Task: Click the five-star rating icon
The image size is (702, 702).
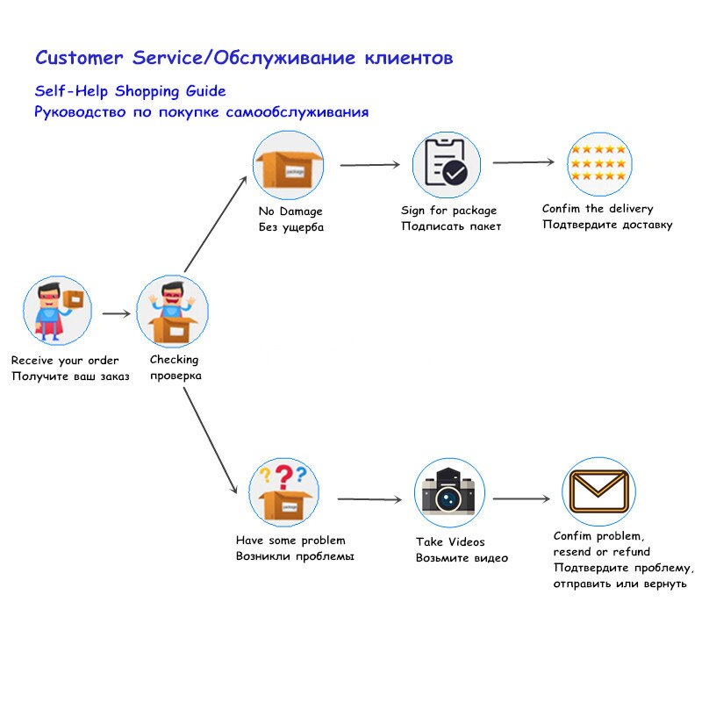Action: pos(599,163)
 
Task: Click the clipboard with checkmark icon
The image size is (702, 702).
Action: pos(448,165)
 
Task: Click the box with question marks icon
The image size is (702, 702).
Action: pos(283,492)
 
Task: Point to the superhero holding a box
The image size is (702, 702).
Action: pos(58,312)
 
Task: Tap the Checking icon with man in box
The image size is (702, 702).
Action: pos(172,312)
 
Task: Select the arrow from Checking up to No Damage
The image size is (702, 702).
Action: pos(216,223)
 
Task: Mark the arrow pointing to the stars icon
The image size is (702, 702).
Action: pos(524,162)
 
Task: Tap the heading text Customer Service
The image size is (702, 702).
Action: pos(121,59)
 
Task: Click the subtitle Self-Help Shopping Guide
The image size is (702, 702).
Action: pos(130,91)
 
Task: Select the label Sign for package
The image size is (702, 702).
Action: pos(448,211)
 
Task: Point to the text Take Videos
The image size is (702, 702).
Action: pos(450,542)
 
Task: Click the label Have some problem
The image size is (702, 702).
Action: pos(290,541)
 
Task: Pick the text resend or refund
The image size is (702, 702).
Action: pos(601,552)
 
